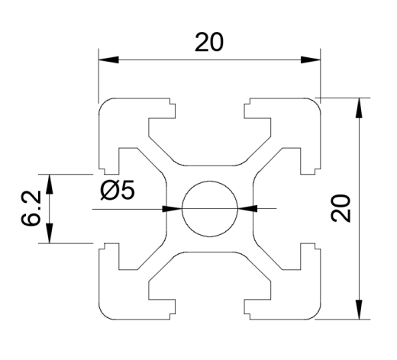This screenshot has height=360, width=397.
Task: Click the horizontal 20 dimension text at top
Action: (x=209, y=42)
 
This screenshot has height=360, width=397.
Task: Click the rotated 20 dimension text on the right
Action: (x=341, y=208)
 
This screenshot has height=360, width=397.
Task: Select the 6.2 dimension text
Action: (x=31, y=208)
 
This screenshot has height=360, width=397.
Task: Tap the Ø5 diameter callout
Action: (x=118, y=190)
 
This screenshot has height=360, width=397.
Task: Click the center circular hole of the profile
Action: (x=210, y=209)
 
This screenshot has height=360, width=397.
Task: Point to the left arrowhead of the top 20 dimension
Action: (x=108, y=60)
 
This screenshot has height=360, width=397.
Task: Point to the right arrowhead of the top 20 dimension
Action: (x=311, y=60)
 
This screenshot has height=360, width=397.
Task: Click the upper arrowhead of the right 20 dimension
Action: (x=359, y=108)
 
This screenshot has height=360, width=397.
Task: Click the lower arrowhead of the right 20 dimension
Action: (x=359, y=309)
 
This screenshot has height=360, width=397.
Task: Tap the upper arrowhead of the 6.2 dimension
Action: (x=50, y=185)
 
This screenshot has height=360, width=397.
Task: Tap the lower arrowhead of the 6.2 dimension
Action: (x=50, y=233)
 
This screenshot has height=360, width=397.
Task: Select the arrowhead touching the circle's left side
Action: (x=172, y=209)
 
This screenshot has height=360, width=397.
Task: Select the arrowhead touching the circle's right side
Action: (x=247, y=209)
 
